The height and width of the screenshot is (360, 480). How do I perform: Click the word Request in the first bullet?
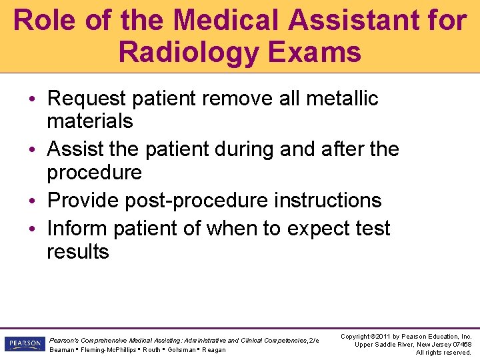point(87,99)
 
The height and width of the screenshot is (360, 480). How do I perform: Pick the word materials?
point(90,121)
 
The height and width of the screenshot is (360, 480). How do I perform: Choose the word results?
point(77,251)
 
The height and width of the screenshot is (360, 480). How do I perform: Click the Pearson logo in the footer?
point(23,344)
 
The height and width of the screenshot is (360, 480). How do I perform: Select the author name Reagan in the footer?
point(213,350)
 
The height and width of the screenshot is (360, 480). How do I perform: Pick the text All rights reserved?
point(443,352)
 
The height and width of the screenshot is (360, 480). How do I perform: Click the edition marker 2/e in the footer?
point(314,340)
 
